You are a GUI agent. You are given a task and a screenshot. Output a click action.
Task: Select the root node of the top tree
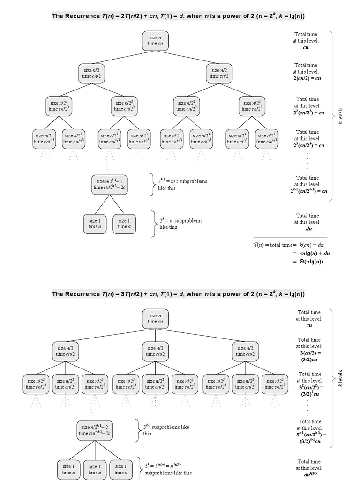point(155,40)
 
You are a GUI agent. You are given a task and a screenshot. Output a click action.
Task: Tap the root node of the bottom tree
point(155,319)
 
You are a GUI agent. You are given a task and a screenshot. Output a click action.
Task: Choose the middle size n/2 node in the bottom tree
point(155,351)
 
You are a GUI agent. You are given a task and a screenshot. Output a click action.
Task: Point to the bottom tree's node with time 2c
point(96,430)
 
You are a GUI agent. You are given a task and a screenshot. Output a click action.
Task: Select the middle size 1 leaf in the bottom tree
point(96,469)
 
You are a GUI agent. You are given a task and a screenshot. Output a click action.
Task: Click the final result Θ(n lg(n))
point(309,261)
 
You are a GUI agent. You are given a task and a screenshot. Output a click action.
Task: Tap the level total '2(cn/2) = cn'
point(306,78)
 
